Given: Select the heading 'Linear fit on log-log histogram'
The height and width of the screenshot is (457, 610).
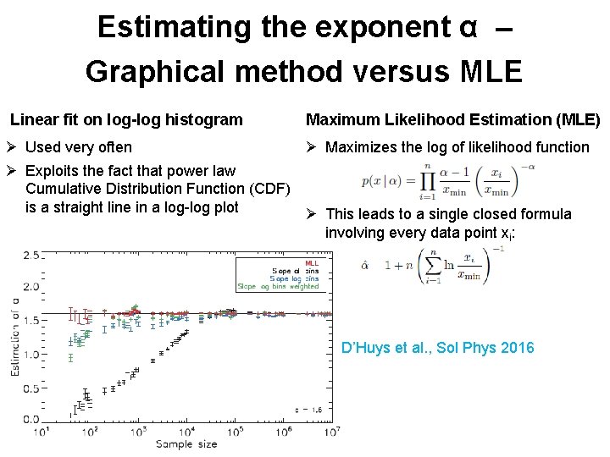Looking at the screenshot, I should point(126,120).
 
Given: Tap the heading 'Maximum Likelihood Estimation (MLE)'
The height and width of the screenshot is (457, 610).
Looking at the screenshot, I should point(452,120).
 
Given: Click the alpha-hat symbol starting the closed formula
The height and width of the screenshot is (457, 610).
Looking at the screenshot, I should point(364,265).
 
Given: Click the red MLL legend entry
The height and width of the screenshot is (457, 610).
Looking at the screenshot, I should point(312,262).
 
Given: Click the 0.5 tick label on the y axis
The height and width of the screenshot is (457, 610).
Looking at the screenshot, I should point(31,388).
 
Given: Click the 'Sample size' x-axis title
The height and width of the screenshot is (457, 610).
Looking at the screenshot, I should point(186,444).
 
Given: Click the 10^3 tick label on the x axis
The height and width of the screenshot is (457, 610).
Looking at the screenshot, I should point(138,432).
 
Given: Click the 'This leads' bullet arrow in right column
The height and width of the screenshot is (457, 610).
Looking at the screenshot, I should point(312,215).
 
